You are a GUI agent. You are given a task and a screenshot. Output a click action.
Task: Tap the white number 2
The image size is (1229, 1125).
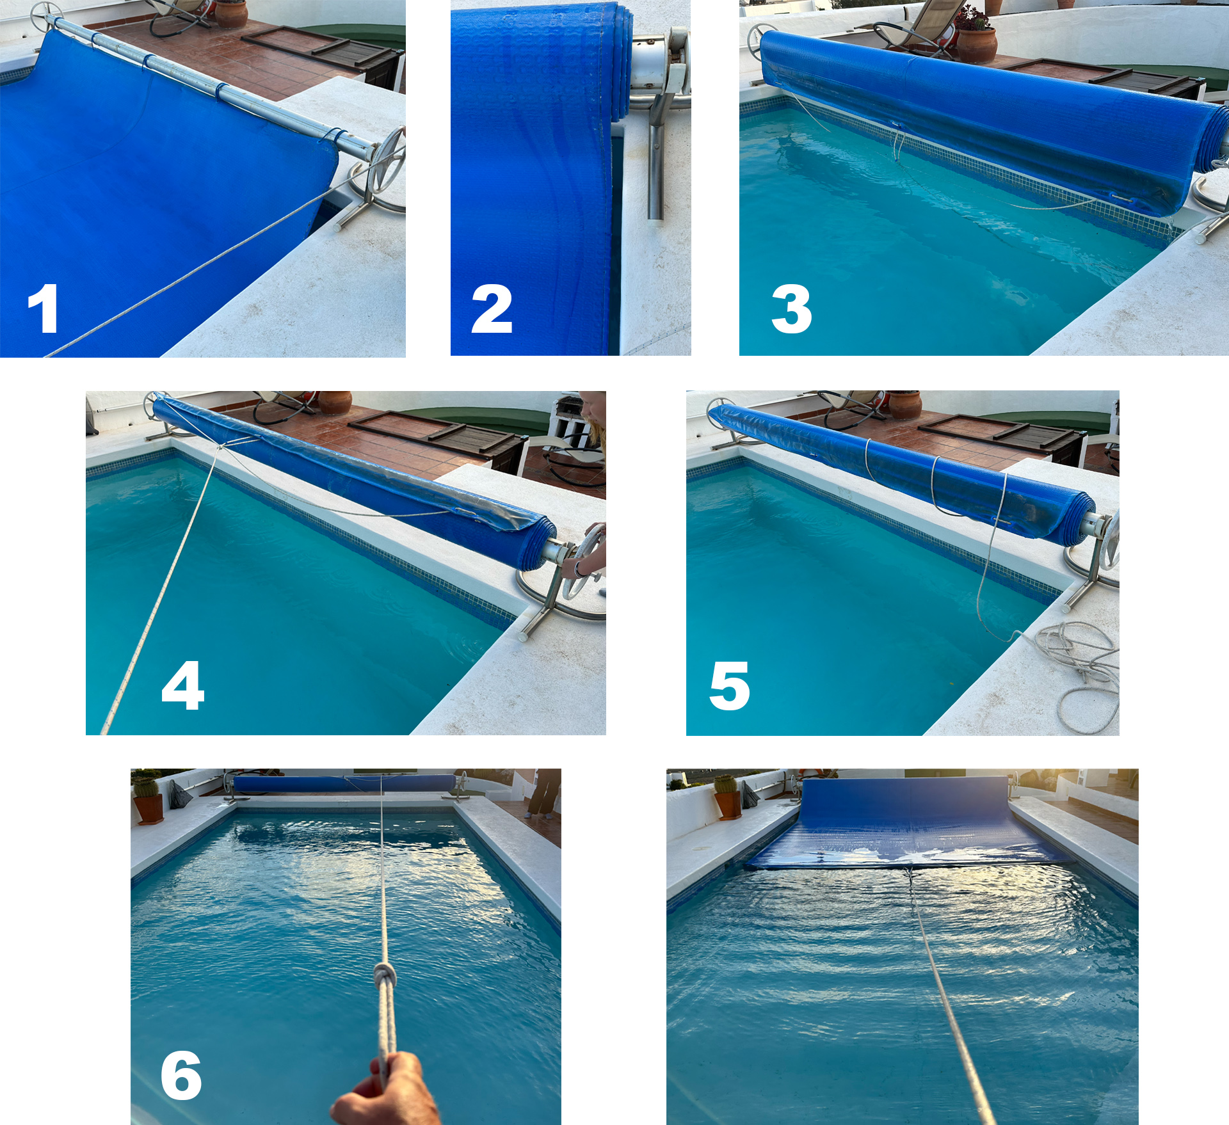pyautogui.click(x=492, y=309)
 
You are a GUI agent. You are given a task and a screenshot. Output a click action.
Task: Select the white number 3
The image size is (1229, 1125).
pyautogui.click(x=792, y=309)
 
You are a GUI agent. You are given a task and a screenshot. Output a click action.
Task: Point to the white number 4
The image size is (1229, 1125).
pyautogui.click(x=183, y=685)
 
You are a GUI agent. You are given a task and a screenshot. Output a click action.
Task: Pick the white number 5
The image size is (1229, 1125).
pyautogui.click(x=730, y=685)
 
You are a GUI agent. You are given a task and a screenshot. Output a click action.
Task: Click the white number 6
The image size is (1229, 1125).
pyautogui.click(x=181, y=1076)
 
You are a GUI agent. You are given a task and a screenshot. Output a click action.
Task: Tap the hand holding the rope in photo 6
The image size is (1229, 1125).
pyautogui.click(x=386, y=1090)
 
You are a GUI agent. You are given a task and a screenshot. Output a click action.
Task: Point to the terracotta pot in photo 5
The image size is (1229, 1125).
pyautogui.click(x=904, y=404)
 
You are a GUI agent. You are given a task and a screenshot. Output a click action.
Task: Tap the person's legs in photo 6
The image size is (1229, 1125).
pyautogui.click(x=543, y=794)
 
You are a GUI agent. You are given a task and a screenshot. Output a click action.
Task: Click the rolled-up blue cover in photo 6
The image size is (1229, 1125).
pyautogui.click(x=344, y=784)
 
